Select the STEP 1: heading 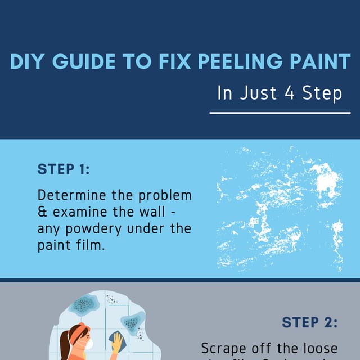tap(64, 169)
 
